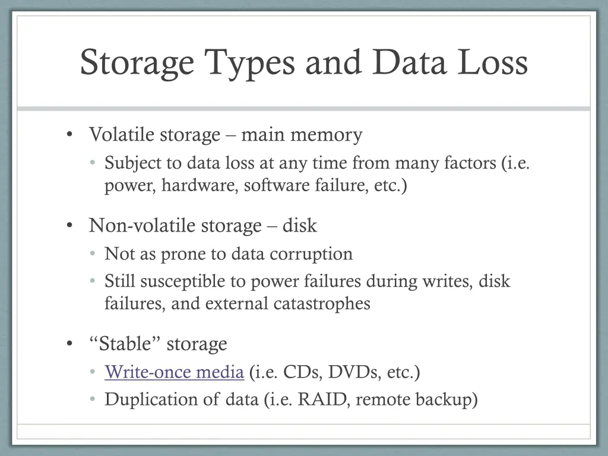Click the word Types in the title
pyautogui.click(x=249, y=63)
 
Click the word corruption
pyautogui.click(x=311, y=254)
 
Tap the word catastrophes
pyautogui.click(x=322, y=303)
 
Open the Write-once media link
pyautogui.click(x=174, y=372)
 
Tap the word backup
pyautogui.click(x=446, y=400)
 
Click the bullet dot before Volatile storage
pyautogui.click(x=71, y=135)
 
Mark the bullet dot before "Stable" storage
pyautogui.click(x=71, y=344)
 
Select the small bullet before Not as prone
pyautogui.click(x=93, y=254)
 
